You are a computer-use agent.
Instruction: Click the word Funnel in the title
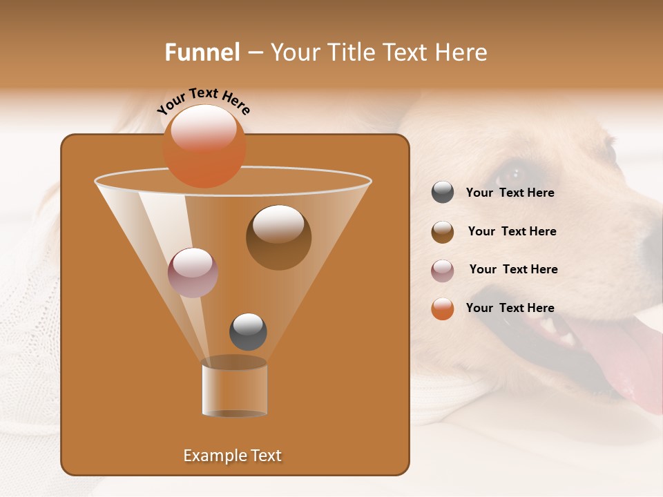click(x=202, y=52)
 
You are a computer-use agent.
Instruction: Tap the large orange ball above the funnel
click(x=204, y=146)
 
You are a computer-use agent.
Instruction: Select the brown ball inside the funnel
click(x=278, y=237)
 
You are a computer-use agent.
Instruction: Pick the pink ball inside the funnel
click(x=193, y=273)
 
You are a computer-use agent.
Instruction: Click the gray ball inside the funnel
click(x=248, y=331)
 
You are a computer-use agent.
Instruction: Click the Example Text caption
click(x=233, y=456)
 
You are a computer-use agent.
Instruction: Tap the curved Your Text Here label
click(x=203, y=101)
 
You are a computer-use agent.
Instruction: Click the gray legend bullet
click(x=443, y=193)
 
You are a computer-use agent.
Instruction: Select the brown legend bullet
click(x=443, y=232)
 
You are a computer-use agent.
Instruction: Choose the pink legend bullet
click(x=443, y=271)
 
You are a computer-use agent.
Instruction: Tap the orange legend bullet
click(x=443, y=309)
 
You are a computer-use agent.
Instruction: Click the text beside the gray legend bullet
click(x=510, y=193)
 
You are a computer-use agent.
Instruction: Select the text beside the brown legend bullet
click(x=512, y=232)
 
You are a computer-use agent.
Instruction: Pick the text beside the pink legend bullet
click(x=513, y=270)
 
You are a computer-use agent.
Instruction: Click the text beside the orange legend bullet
click(x=510, y=309)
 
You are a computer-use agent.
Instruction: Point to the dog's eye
click(x=512, y=170)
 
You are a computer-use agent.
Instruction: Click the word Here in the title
click(x=462, y=52)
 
